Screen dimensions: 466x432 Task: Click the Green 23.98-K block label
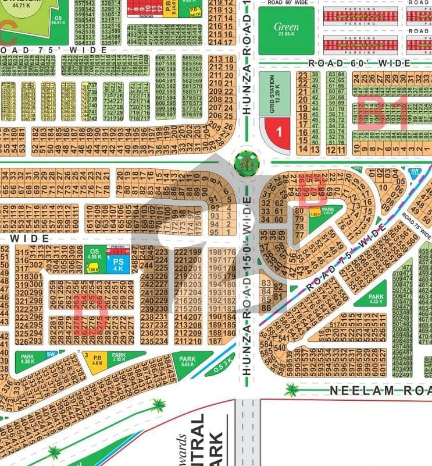click(x=286, y=29)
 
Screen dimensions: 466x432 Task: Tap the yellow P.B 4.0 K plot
click(x=97, y=361)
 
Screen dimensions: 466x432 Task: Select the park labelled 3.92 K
click(x=119, y=358)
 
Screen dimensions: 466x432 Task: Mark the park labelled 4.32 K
click(x=376, y=299)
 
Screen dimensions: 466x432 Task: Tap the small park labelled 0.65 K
click(x=327, y=213)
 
